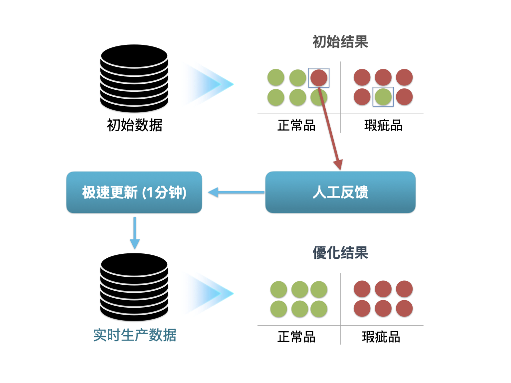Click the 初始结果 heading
click(x=340, y=42)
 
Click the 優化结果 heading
click(x=340, y=253)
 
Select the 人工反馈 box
click(x=340, y=192)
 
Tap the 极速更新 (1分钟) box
click(x=134, y=192)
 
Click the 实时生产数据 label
click(x=135, y=335)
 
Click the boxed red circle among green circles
click(x=319, y=78)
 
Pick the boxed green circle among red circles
click(x=383, y=97)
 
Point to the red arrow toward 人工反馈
click(x=330, y=128)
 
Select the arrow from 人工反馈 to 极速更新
click(x=236, y=192)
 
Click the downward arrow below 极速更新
click(x=135, y=232)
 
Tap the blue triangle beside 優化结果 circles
click(x=206, y=294)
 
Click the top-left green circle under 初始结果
click(x=276, y=77)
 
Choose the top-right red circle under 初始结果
click(x=404, y=77)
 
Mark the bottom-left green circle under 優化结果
click(x=278, y=309)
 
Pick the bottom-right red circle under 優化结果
click(x=404, y=308)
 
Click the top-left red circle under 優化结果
click(x=362, y=289)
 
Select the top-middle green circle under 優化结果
click(x=300, y=289)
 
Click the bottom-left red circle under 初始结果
click(x=362, y=97)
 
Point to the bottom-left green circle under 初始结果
click(x=276, y=97)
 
